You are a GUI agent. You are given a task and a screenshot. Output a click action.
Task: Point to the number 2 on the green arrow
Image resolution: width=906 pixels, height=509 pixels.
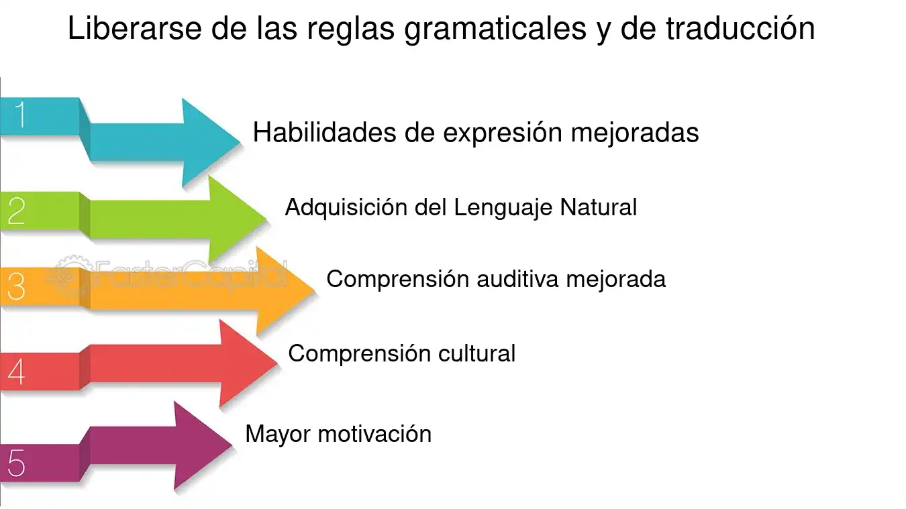tap(16, 211)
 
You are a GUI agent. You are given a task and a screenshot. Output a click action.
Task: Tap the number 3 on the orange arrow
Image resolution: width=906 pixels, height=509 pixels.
tap(16, 287)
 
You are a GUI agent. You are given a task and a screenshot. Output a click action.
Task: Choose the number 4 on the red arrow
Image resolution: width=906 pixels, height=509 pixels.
tap(16, 372)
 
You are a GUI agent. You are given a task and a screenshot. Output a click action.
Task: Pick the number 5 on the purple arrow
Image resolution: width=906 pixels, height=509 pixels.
tap(16, 463)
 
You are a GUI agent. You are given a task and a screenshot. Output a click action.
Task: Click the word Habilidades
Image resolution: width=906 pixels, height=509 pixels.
tap(324, 133)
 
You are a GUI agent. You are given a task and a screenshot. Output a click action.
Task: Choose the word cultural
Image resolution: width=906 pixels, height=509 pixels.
tap(476, 353)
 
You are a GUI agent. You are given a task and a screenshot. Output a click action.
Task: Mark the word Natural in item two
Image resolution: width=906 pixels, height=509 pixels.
tap(599, 207)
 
